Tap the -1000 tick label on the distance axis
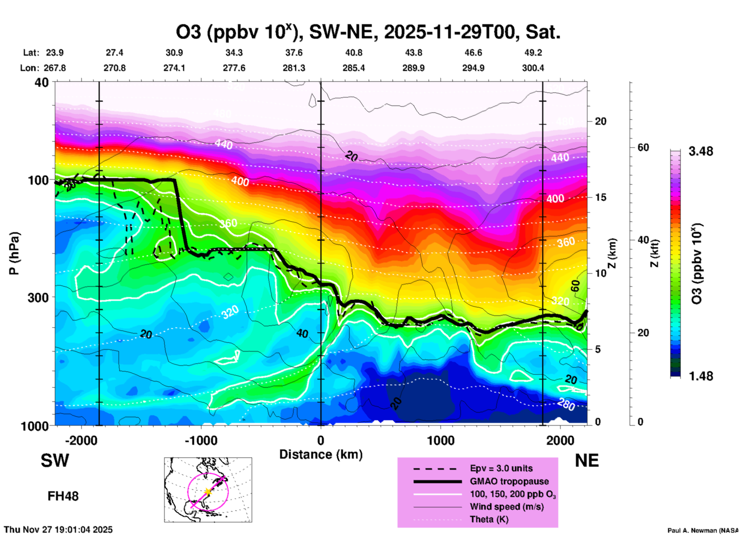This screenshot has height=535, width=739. click(201, 440)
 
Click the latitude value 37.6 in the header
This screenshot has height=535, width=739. click(294, 53)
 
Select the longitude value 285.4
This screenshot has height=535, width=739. click(353, 68)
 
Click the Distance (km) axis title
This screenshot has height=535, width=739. click(321, 454)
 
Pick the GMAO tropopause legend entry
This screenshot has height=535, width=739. click(509, 481)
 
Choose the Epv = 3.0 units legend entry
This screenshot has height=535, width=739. click(501, 468)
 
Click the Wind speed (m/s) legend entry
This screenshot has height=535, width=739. click(506, 507)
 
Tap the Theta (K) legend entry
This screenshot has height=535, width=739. click(489, 519)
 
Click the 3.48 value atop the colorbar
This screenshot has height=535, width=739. click(701, 152)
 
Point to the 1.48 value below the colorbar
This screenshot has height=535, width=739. click(701, 376)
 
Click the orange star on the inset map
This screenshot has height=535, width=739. click(208, 491)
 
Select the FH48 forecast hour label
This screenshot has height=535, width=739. click(63, 496)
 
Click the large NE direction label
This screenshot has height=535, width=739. click(587, 461)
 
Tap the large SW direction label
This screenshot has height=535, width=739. click(55, 461)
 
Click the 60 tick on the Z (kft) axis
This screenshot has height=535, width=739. click(643, 147)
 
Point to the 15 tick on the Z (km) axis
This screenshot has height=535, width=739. click(601, 197)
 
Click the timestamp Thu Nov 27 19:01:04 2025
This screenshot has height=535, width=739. click(58, 530)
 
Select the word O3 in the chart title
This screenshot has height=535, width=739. click(188, 32)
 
